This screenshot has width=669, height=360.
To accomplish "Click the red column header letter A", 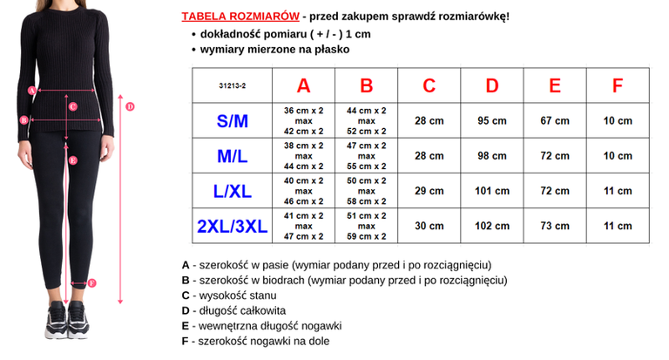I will [303, 85].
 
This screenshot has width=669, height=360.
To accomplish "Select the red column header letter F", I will [618, 85].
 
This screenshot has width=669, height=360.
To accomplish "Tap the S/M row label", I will [233, 121].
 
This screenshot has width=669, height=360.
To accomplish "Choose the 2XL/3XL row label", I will [233, 226].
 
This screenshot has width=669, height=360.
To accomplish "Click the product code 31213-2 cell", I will [233, 86].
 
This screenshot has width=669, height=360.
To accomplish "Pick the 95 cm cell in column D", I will [492, 121].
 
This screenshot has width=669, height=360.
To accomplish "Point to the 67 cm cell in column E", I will [555, 121].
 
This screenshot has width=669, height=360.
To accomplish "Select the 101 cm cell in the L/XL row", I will [492, 191].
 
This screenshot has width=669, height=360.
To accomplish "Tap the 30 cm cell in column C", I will [429, 226].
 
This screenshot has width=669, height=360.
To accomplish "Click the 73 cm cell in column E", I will [555, 226].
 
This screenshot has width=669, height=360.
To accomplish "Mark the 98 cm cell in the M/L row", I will [492, 156].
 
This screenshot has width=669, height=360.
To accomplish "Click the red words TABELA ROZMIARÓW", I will [240, 17].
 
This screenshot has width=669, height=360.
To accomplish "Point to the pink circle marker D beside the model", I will [130, 107].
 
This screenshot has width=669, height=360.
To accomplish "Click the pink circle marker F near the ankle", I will [92, 283].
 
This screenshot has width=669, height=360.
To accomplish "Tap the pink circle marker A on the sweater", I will [31, 90].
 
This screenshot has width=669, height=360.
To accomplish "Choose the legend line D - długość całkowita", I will [233, 310].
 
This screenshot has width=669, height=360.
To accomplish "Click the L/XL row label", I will [233, 191].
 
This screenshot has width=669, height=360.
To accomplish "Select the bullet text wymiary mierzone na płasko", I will [274, 49].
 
